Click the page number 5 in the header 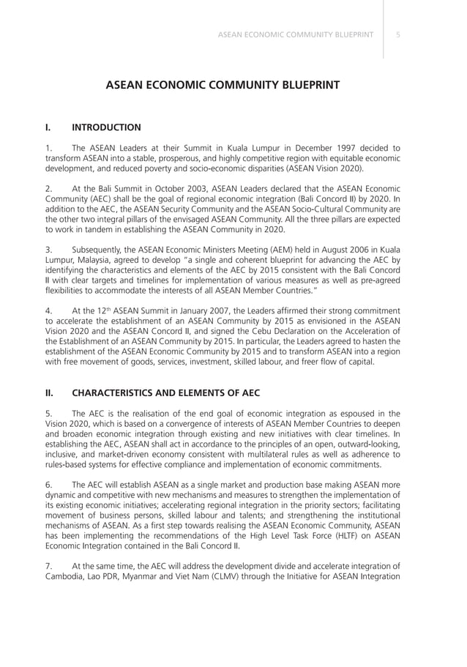[397, 34]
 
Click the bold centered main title [223, 85]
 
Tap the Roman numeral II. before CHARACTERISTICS [51, 392]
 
